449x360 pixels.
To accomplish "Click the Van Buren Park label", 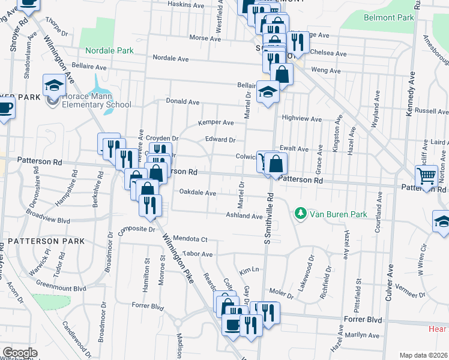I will click(333, 213).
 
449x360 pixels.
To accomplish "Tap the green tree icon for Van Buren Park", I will click(299, 213).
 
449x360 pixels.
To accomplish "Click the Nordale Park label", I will click(109, 50).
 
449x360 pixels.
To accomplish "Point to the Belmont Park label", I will click(389, 17).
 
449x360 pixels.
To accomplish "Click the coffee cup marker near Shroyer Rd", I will click(5, 108).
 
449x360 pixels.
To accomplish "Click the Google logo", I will click(19, 353).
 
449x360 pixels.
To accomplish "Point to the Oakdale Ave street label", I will click(197, 193).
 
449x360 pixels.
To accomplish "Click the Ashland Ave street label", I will click(244, 215).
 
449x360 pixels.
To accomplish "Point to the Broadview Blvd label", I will click(48, 217).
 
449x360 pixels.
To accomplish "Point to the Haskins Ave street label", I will click(186, 4).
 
